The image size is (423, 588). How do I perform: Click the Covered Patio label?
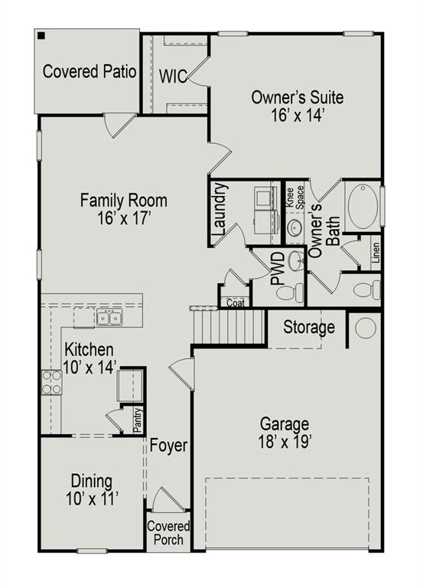[x=89, y=73]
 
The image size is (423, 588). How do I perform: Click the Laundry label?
[x=220, y=208]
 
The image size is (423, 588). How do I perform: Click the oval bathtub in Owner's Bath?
[x=362, y=206]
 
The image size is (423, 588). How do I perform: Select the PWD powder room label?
[x=278, y=269]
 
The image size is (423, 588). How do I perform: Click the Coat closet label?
[x=236, y=302]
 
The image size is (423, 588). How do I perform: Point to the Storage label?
[x=309, y=328]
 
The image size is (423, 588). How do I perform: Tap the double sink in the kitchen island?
[x=108, y=316]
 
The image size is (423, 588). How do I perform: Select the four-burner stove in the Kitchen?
[x=52, y=381]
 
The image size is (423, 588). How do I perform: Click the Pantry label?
[x=137, y=420]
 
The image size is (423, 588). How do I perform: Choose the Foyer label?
[x=168, y=446]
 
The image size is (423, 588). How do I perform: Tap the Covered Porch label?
[x=168, y=533]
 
